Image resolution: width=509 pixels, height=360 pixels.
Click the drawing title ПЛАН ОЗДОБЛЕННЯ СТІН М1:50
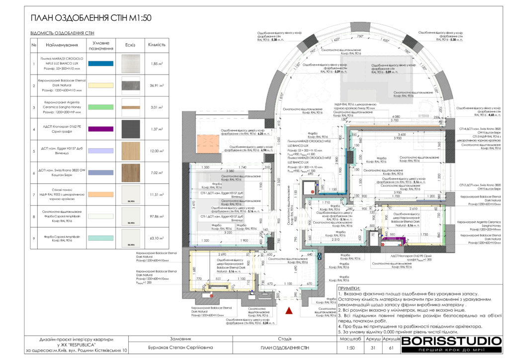click(x=90, y=18)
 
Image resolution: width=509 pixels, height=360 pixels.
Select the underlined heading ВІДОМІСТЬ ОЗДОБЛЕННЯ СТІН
click(x=62, y=34)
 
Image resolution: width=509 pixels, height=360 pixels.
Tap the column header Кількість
click(x=157, y=45)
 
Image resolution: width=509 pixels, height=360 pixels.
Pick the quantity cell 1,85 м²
click(x=157, y=64)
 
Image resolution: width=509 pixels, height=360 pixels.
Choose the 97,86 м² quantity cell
click(x=157, y=216)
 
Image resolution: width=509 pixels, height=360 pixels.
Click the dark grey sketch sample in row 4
click(x=131, y=129)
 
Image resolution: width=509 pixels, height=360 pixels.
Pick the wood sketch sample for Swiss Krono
click(x=131, y=173)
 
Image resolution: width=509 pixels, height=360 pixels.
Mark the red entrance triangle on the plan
click(x=289, y=311)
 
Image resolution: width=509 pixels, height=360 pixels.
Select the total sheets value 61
click(x=391, y=348)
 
